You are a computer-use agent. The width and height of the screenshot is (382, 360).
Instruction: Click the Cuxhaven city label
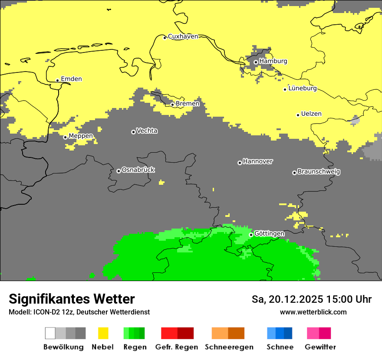[183, 36]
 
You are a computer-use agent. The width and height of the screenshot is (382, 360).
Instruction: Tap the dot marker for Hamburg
[256, 62]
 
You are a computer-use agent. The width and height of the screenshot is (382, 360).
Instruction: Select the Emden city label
[71, 79]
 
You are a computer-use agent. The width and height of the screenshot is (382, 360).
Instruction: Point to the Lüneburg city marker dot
[285, 89]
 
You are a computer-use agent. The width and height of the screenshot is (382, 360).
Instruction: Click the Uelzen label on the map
[311, 114]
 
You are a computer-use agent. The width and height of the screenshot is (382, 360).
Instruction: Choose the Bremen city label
[188, 104]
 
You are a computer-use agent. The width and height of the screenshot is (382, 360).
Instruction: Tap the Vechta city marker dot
[133, 132]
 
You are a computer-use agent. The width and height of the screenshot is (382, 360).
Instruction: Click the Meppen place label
[81, 136]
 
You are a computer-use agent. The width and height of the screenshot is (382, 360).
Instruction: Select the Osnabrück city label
[138, 170]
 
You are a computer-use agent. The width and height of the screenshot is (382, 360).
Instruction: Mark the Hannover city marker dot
[240, 163]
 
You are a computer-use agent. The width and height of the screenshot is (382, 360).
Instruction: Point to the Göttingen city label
[269, 234]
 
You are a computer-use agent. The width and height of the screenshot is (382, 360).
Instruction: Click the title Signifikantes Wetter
[72, 299]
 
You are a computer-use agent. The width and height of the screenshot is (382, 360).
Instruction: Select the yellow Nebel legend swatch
[103, 333]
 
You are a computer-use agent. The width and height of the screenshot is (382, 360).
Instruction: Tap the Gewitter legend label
[320, 347]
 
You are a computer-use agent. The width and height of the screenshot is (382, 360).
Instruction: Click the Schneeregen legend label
[229, 347]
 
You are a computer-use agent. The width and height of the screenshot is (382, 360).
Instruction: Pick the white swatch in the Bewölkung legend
[50, 333]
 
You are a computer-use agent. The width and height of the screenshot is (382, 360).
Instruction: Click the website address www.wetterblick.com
[313, 312]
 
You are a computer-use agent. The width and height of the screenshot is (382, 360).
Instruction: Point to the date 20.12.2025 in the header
[296, 299]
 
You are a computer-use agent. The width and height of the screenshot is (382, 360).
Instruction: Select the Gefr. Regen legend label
[177, 347]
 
